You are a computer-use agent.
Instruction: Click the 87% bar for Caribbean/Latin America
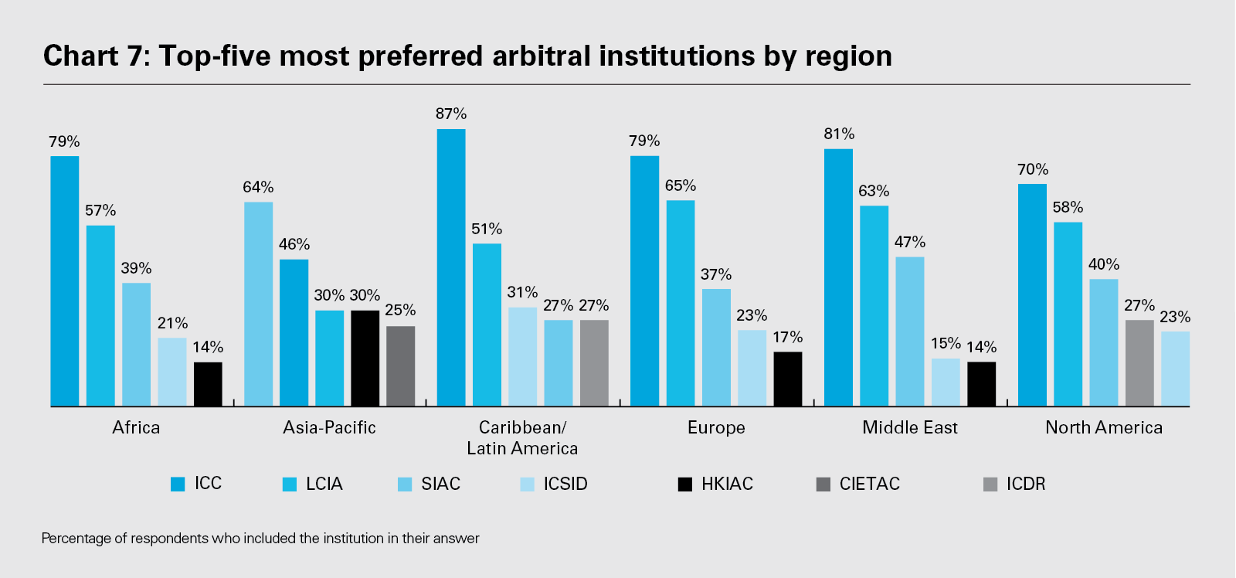451,267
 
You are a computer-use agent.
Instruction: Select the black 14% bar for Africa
208,384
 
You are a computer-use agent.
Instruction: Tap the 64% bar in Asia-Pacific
258,304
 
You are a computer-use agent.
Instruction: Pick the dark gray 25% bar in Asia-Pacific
400,365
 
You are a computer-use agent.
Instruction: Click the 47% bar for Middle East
910,331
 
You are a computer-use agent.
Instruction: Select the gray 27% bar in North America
1139,362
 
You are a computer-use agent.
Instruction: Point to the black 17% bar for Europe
788,379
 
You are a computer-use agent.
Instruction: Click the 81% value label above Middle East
839,134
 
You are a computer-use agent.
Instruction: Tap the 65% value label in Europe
681,185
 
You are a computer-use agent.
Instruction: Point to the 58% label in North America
1068,207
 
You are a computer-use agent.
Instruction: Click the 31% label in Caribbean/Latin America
522,292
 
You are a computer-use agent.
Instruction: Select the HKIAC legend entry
715,484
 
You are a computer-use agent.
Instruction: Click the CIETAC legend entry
858,484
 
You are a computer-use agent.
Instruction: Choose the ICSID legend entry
555,484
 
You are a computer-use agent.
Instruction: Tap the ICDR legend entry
1014,484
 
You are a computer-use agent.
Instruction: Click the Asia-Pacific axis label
329,427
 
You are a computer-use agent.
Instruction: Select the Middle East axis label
910,427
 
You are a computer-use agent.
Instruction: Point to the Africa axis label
136,427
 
